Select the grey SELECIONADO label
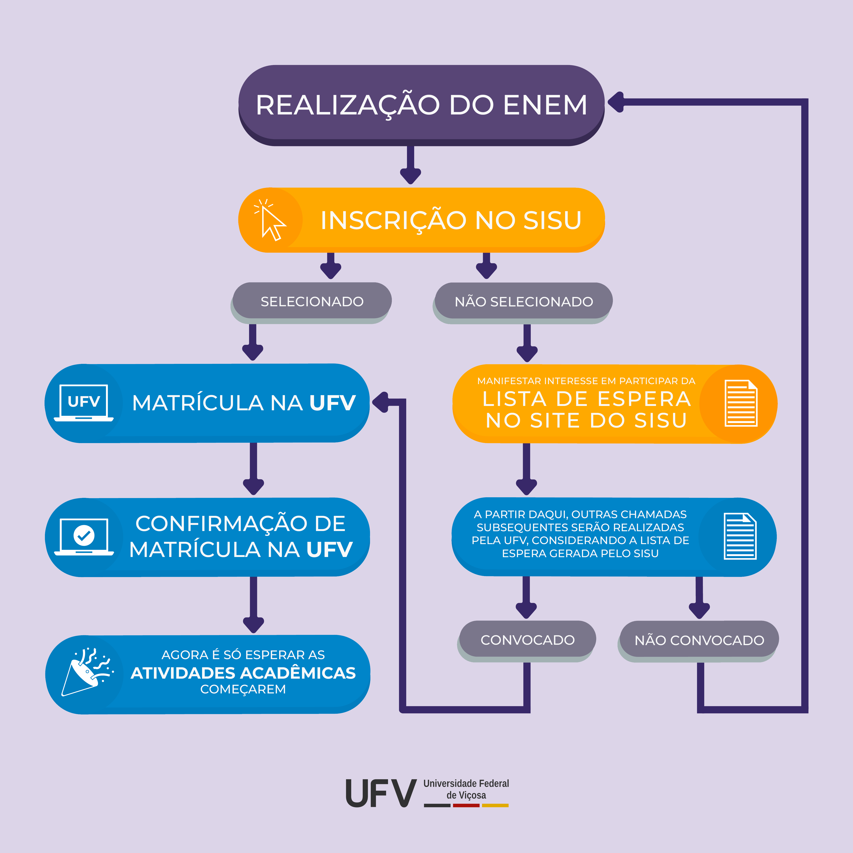(x=312, y=302)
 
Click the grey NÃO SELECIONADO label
(x=524, y=302)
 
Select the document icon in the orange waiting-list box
(x=741, y=403)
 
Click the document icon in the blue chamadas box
(x=740, y=537)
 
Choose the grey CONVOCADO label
(x=528, y=640)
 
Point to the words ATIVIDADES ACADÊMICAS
(x=243, y=673)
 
